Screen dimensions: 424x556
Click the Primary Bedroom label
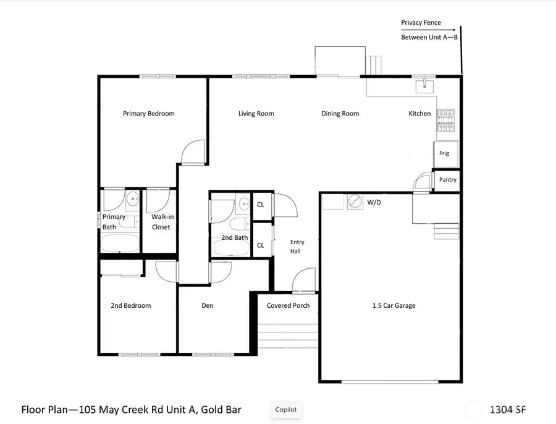pyautogui.click(x=148, y=113)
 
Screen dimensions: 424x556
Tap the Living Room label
pyautogui.click(x=256, y=113)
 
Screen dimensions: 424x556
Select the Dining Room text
pyautogui.click(x=340, y=113)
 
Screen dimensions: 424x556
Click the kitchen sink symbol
pyautogui.click(x=425, y=85)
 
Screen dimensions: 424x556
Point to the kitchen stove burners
pyautogui.click(x=445, y=121)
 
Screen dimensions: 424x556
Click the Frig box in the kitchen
pyautogui.click(x=444, y=153)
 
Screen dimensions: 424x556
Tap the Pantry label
pyautogui.click(x=447, y=180)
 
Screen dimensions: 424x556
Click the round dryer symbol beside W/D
pyautogui.click(x=355, y=202)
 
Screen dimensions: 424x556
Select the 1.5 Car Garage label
pyautogui.click(x=394, y=305)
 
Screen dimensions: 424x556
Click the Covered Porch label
pyautogui.click(x=288, y=305)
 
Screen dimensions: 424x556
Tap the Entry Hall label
pyautogui.click(x=297, y=247)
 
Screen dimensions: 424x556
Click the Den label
pyautogui.click(x=208, y=305)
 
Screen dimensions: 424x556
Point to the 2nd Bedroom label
pyautogui.click(x=130, y=305)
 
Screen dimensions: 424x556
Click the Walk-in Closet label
pyautogui.click(x=161, y=222)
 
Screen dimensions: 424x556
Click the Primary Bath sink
pyautogui.click(x=132, y=199)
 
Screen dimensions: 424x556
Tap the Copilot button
pyautogui.click(x=286, y=409)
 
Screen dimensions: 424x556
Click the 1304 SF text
pyautogui.click(x=508, y=409)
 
